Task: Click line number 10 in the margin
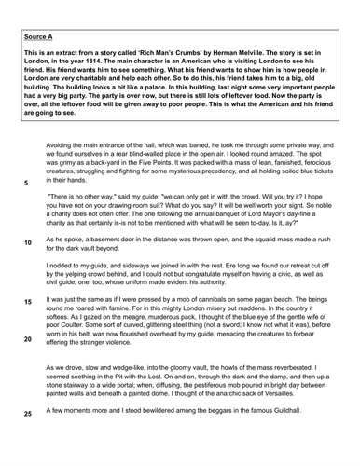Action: coord(28,242)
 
